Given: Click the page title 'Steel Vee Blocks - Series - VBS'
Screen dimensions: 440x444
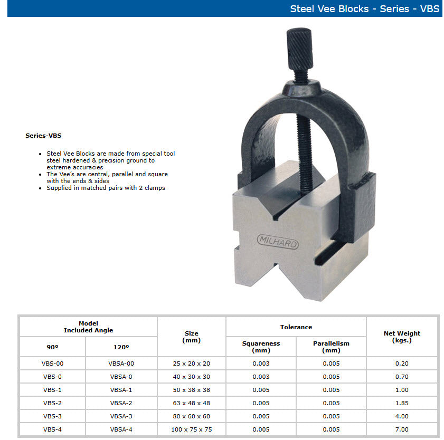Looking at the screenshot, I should pyautogui.click(x=364, y=9).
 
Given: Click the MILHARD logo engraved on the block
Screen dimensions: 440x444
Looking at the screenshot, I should pyautogui.click(x=277, y=242).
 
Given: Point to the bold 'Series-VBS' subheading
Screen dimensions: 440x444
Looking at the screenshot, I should pyautogui.click(x=43, y=136).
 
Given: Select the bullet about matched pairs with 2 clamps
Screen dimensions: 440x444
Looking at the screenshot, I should pyautogui.click(x=106, y=188).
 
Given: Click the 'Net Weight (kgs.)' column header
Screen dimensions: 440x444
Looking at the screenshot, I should pyautogui.click(x=402, y=337).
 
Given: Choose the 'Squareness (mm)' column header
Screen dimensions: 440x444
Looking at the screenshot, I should pyautogui.click(x=261, y=347).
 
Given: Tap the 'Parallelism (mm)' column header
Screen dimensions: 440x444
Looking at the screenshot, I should pyautogui.click(x=331, y=347).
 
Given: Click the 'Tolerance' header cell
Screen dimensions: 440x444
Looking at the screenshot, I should pyautogui.click(x=296, y=327).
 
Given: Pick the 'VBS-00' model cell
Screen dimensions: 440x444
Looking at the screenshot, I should pyautogui.click(x=52, y=364).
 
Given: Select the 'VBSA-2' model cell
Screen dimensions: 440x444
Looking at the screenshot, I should pyautogui.click(x=121, y=403).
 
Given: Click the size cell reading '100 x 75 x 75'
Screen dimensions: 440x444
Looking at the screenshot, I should pyautogui.click(x=191, y=429).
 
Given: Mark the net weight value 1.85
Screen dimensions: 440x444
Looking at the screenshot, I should pyautogui.click(x=402, y=403).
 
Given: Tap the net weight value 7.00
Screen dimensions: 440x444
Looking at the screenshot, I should pyautogui.click(x=402, y=429).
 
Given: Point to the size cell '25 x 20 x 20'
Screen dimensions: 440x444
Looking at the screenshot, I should pyautogui.click(x=191, y=364).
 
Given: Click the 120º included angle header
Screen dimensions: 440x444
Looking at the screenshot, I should pyautogui.click(x=121, y=347).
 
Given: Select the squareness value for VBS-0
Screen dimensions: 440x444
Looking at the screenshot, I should pyautogui.click(x=261, y=377).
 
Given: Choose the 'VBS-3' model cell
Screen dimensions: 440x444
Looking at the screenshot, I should pyautogui.click(x=52, y=416).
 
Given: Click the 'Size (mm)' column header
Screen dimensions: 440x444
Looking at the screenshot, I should pyautogui.click(x=191, y=337).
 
